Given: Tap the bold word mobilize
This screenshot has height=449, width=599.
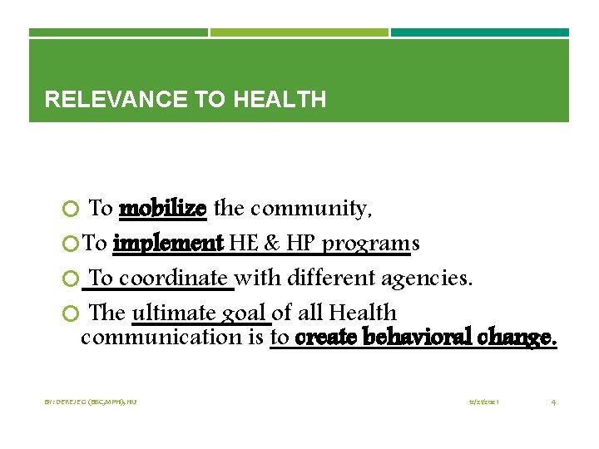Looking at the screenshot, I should [163, 208].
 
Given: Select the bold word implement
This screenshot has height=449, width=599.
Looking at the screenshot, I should [168, 244].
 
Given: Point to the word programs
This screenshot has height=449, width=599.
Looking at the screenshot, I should [371, 244].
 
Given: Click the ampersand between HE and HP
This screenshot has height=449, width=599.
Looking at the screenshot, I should [271, 244].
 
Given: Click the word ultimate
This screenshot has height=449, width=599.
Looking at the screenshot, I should [174, 313].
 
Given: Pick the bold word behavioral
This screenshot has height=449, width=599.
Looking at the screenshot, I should [423, 337].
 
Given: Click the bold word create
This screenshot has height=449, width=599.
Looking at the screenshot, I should [324, 337].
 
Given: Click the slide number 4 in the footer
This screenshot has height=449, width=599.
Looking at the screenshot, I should [553, 402].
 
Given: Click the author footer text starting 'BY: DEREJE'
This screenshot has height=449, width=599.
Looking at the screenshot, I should [91, 402].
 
